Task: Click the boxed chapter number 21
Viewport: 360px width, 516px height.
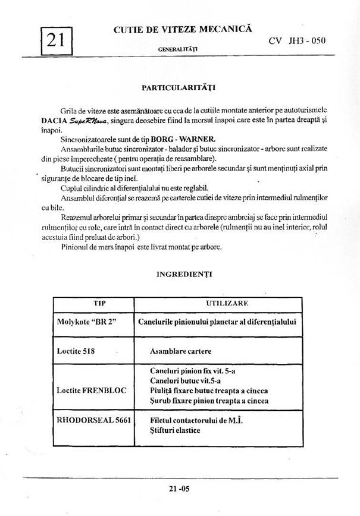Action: (x=55, y=40)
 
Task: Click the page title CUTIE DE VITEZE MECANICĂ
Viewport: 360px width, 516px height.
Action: (x=183, y=28)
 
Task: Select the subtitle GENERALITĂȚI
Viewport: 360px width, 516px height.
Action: (x=178, y=47)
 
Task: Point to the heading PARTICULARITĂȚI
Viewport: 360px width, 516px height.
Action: (x=179, y=87)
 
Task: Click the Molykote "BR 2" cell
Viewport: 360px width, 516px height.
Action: (x=85, y=322)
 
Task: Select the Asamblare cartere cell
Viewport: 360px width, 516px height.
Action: (x=184, y=351)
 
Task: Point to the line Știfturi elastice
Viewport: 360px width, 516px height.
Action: (x=176, y=430)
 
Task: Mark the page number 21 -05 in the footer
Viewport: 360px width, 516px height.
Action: (x=180, y=489)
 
